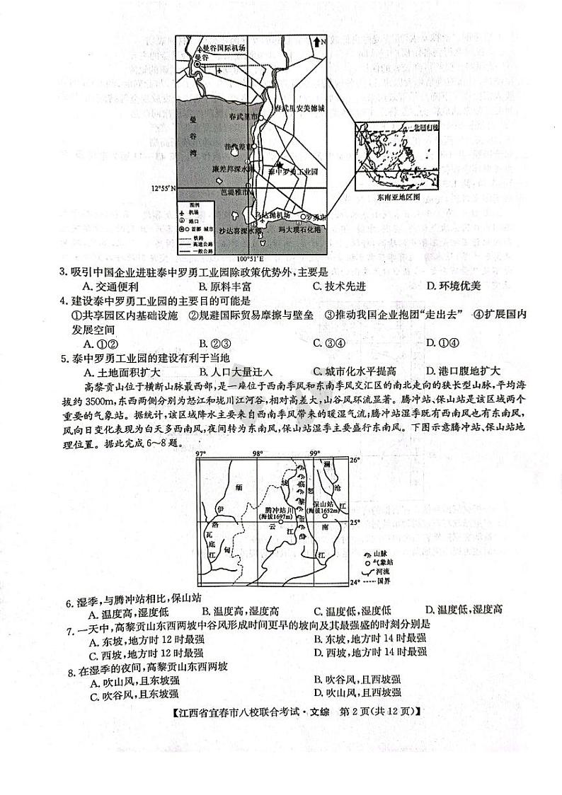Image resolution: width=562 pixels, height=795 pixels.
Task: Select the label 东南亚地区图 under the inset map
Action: pyautogui.click(x=398, y=198)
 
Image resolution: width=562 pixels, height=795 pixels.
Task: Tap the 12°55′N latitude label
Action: pyautogui.click(x=164, y=189)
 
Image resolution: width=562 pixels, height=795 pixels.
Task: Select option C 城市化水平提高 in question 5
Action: pyautogui.click(x=355, y=371)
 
